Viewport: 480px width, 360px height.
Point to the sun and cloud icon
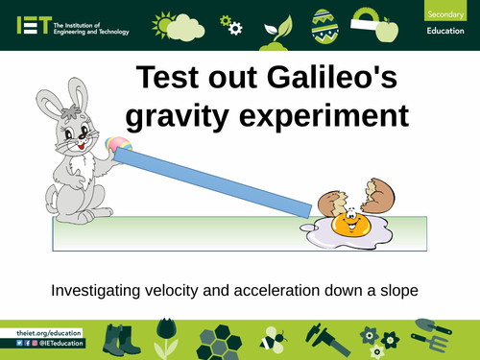tap(177, 23)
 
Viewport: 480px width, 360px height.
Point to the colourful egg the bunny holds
tap(119, 146)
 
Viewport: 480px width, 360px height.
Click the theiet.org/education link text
tap(49, 332)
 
